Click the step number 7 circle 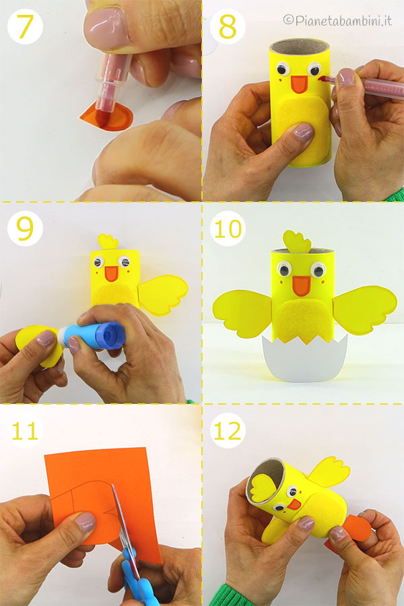point(25,26)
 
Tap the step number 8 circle point(228,26)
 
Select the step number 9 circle point(25,228)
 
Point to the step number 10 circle point(228,228)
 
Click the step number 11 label point(25,430)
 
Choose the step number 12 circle point(228,430)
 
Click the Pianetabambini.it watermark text point(337,20)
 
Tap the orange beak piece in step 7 point(107,117)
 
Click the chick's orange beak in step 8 point(299,84)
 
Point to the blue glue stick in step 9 point(92,335)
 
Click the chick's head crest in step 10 point(297,242)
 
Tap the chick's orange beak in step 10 point(301,286)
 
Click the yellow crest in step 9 point(108,242)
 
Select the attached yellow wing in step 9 point(162,294)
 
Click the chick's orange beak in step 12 point(294,504)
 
